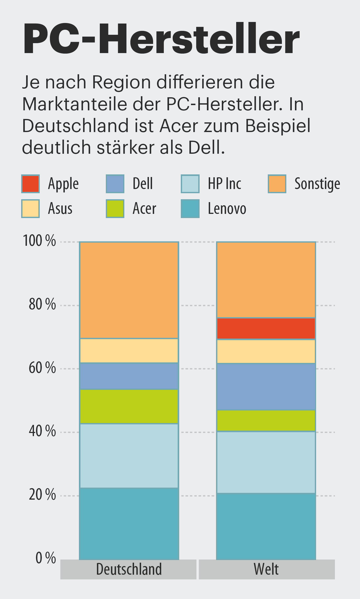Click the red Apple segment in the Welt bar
tap(266, 328)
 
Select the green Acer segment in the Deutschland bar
tap(129, 406)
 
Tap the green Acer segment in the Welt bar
tap(266, 420)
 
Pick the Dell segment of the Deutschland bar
tap(129, 376)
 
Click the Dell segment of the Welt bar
tap(266, 386)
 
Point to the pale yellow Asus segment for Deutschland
tap(129, 351)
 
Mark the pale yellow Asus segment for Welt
tap(266, 351)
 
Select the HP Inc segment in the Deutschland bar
tap(129, 456)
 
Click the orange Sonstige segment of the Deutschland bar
tap(129, 290)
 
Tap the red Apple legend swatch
tap(31, 184)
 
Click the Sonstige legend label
tap(317, 184)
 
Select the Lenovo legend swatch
tap(190, 209)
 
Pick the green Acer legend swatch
tap(115, 209)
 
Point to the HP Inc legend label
tap(224, 184)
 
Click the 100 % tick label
tap(39, 241)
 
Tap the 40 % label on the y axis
tap(42, 431)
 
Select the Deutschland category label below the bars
tap(129, 569)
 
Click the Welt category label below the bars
tap(266, 569)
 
